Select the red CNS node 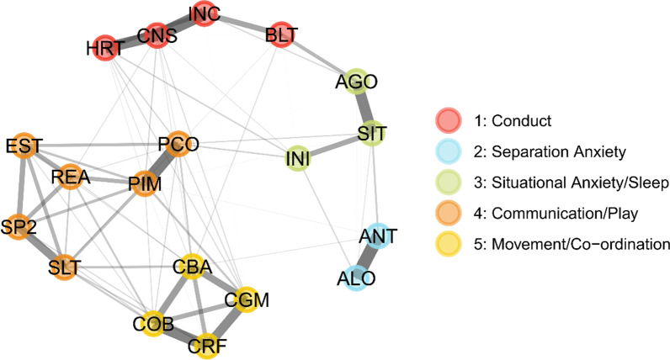pos(157,37)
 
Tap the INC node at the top pos(203,14)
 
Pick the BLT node pos(281,37)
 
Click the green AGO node pos(356,82)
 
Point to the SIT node pos(371,132)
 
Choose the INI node pos(299,157)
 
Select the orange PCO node pos(182,144)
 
